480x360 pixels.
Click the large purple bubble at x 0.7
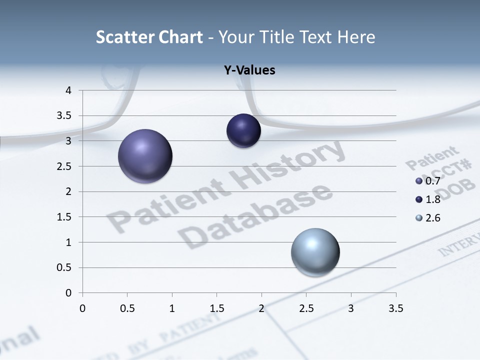click(145, 156)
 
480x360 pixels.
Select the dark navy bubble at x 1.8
click(243, 131)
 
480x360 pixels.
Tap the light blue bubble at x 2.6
click(315, 252)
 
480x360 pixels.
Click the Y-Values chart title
click(249, 70)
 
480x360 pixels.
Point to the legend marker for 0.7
click(419, 181)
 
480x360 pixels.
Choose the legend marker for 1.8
click(419, 199)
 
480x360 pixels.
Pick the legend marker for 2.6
click(419, 218)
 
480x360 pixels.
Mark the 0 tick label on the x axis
click(82, 308)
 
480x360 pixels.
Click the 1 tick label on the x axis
click(172, 308)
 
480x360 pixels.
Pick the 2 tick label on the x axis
click(261, 308)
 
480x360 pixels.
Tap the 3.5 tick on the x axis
click(395, 308)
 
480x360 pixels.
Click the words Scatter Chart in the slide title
click(149, 37)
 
